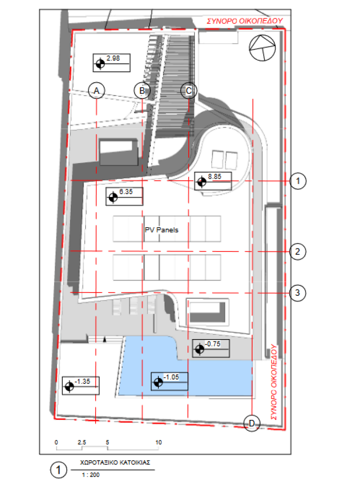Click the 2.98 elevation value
(x=113, y=58)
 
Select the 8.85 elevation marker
(x=213, y=181)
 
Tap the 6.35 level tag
(x=124, y=196)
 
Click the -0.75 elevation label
(x=211, y=348)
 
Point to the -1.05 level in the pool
(x=170, y=381)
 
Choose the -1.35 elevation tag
(x=81, y=385)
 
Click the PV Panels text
(x=162, y=230)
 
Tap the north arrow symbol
(x=263, y=48)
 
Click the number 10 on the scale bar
(x=158, y=442)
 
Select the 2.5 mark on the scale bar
(x=82, y=442)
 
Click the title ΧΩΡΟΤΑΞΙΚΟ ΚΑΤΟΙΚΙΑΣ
(x=115, y=462)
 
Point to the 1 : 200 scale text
(x=91, y=475)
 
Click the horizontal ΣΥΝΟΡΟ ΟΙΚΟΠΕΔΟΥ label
(x=245, y=21)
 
